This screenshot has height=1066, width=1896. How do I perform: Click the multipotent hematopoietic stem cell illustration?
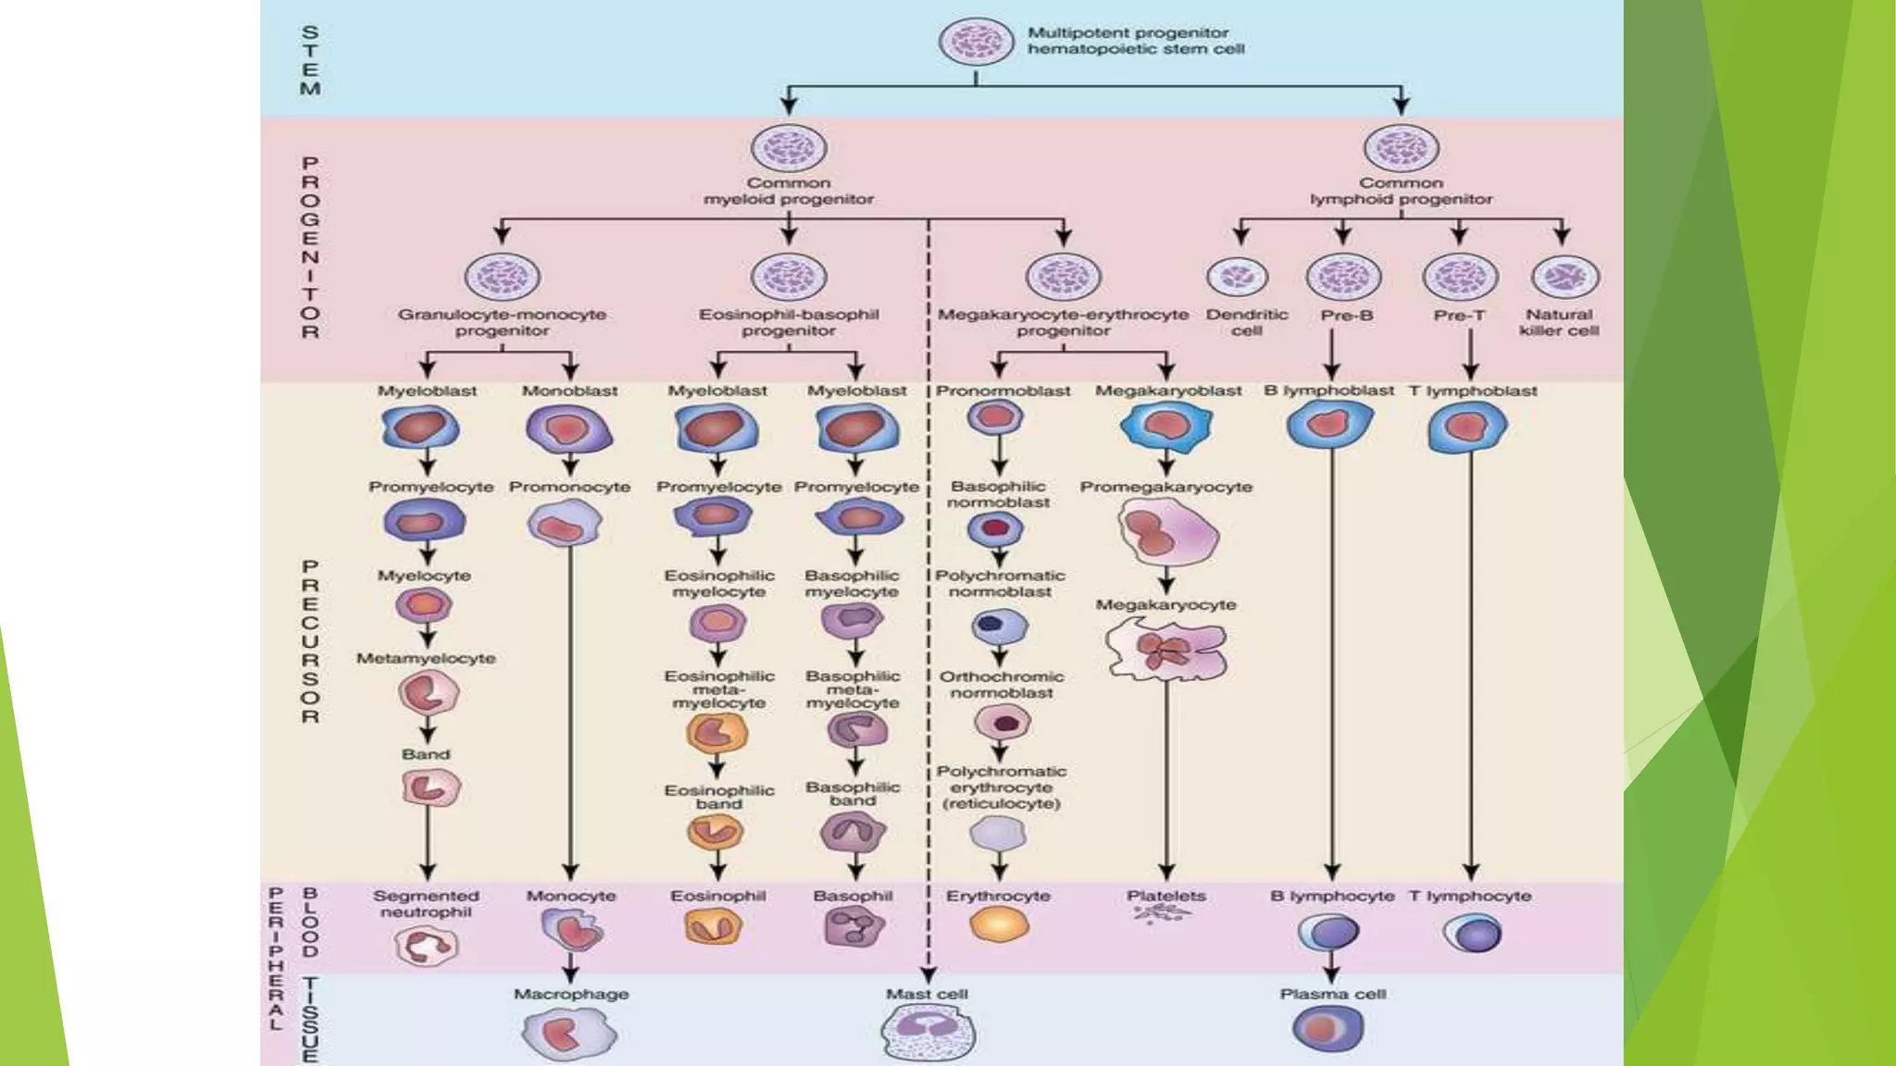tap(976, 43)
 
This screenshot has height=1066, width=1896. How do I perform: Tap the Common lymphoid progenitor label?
tap(1401, 191)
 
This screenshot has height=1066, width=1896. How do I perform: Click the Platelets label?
tap(1166, 896)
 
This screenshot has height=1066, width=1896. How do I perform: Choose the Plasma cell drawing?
tap(1328, 1029)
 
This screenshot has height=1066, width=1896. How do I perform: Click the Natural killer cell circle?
tap(1565, 277)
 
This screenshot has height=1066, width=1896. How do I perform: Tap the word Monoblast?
tap(569, 390)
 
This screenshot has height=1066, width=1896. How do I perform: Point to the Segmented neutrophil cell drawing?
tap(426, 946)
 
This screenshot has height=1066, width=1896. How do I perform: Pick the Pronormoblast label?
tap(1003, 390)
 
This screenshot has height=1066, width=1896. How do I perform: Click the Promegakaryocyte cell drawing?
tap(1166, 533)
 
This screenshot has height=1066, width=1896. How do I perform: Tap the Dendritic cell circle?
tap(1238, 277)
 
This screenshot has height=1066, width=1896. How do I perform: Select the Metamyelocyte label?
tap(426, 658)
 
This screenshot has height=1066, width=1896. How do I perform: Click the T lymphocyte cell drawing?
tap(1472, 933)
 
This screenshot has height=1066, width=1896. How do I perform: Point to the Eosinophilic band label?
tap(719, 797)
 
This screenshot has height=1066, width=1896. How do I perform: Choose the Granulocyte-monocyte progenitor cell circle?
tap(502, 277)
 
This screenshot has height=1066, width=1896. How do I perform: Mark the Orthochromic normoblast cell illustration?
tap(1001, 723)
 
